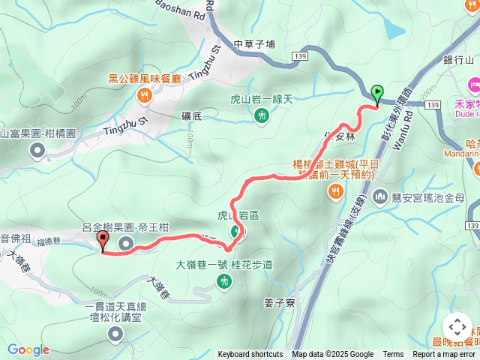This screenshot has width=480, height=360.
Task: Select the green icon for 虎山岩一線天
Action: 261,115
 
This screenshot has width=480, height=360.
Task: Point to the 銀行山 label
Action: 459,60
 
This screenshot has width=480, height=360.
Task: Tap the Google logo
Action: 28,349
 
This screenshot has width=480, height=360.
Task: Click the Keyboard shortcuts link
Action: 250,355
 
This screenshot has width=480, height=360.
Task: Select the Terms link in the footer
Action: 393,355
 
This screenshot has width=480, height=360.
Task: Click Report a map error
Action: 445,355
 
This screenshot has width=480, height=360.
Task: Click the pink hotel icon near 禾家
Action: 474,82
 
